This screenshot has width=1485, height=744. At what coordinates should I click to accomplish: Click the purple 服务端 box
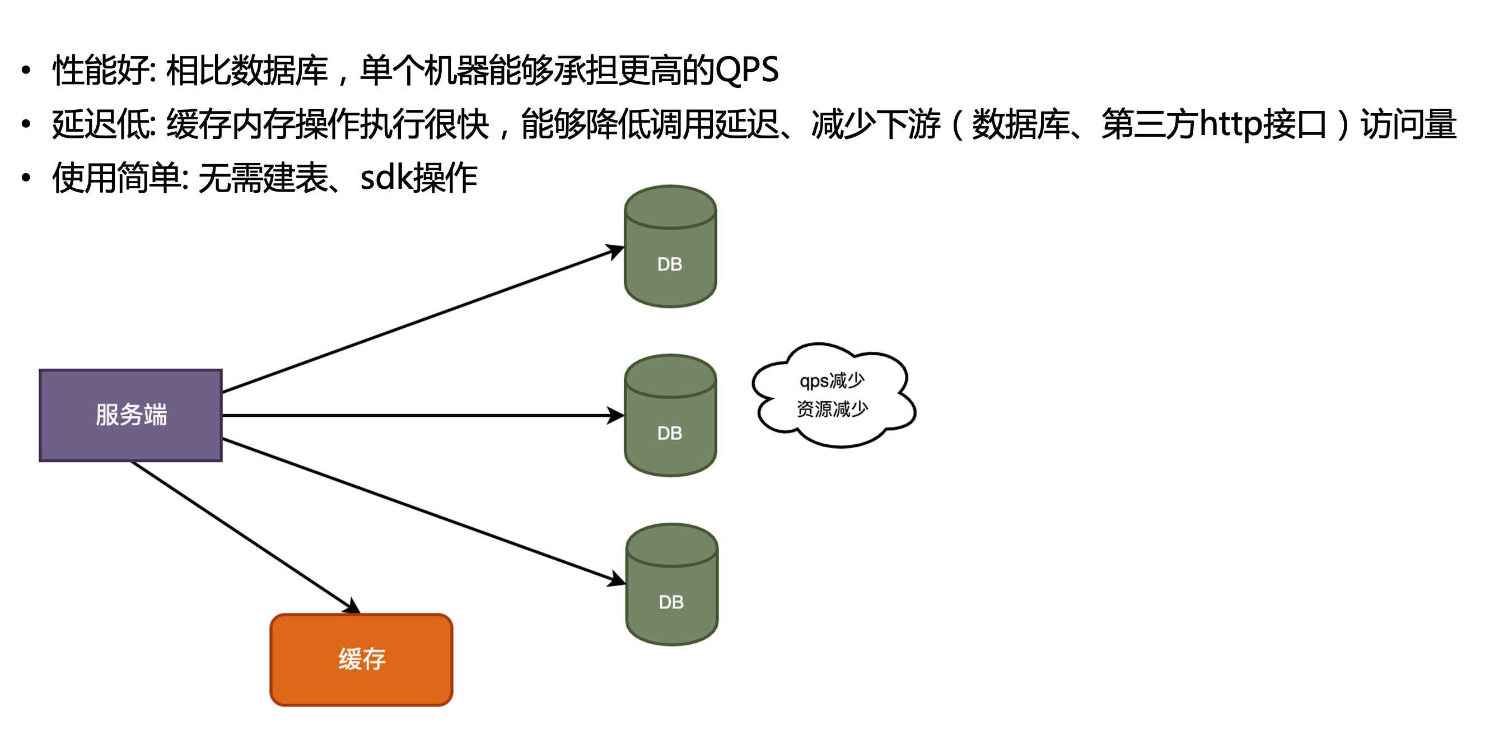(131, 415)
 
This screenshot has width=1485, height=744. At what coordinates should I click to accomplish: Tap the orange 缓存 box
(361, 659)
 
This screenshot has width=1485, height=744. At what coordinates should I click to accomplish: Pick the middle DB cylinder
(670, 416)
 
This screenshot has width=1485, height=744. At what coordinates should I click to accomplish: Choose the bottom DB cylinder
(671, 585)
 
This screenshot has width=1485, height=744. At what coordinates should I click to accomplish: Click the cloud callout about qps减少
(833, 395)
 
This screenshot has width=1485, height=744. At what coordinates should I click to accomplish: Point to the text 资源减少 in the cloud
(832, 409)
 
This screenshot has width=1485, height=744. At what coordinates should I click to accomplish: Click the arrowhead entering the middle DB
(617, 415)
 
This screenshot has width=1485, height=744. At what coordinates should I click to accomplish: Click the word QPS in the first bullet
(747, 71)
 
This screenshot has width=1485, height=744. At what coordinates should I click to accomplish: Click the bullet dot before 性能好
(25, 71)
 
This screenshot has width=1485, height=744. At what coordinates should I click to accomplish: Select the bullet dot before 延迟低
(25, 124)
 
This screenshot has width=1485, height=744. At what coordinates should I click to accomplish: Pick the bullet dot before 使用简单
(25, 178)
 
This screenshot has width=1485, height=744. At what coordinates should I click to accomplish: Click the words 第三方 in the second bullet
(1150, 124)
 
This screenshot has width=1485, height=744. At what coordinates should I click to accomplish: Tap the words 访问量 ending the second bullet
(1408, 124)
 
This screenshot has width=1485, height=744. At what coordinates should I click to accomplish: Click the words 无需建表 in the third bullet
(263, 178)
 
